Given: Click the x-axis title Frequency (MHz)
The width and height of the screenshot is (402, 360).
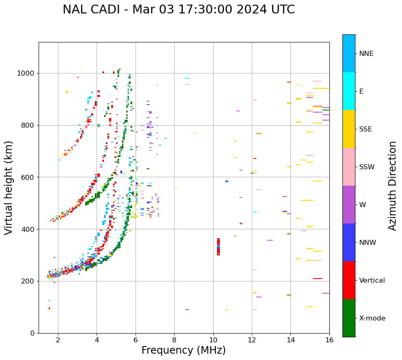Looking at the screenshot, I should pyautogui.click(x=183, y=350).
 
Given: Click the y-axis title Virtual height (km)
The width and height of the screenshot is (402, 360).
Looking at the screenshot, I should pyautogui.click(x=9, y=188).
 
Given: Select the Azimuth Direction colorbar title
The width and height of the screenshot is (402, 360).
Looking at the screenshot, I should pyautogui.click(x=392, y=186).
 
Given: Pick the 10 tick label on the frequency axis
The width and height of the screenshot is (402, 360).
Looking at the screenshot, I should pyautogui.click(x=213, y=339).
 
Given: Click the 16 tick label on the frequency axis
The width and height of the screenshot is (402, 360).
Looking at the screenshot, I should pyautogui.click(x=329, y=339).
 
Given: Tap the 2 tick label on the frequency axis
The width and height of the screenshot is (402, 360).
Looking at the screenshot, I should pyautogui.click(x=58, y=339).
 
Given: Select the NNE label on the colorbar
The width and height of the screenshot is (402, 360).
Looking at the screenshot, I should pyautogui.click(x=366, y=54).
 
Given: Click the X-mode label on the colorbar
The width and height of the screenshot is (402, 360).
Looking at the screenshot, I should pyautogui.click(x=372, y=318).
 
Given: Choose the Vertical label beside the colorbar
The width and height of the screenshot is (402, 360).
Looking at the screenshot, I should pyautogui.click(x=372, y=281).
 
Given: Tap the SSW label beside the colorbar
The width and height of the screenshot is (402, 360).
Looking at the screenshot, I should pyautogui.click(x=367, y=167).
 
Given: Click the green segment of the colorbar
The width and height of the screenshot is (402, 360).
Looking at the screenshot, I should pyautogui.click(x=349, y=318).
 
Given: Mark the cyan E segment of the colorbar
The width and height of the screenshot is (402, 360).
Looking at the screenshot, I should pyautogui.click(x=349, y=91).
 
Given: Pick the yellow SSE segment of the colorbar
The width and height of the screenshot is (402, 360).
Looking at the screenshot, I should pyautogui.click(x=349, y=129).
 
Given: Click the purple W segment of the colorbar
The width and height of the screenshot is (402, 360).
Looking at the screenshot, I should pyautogui.click(x=349, y=205).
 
